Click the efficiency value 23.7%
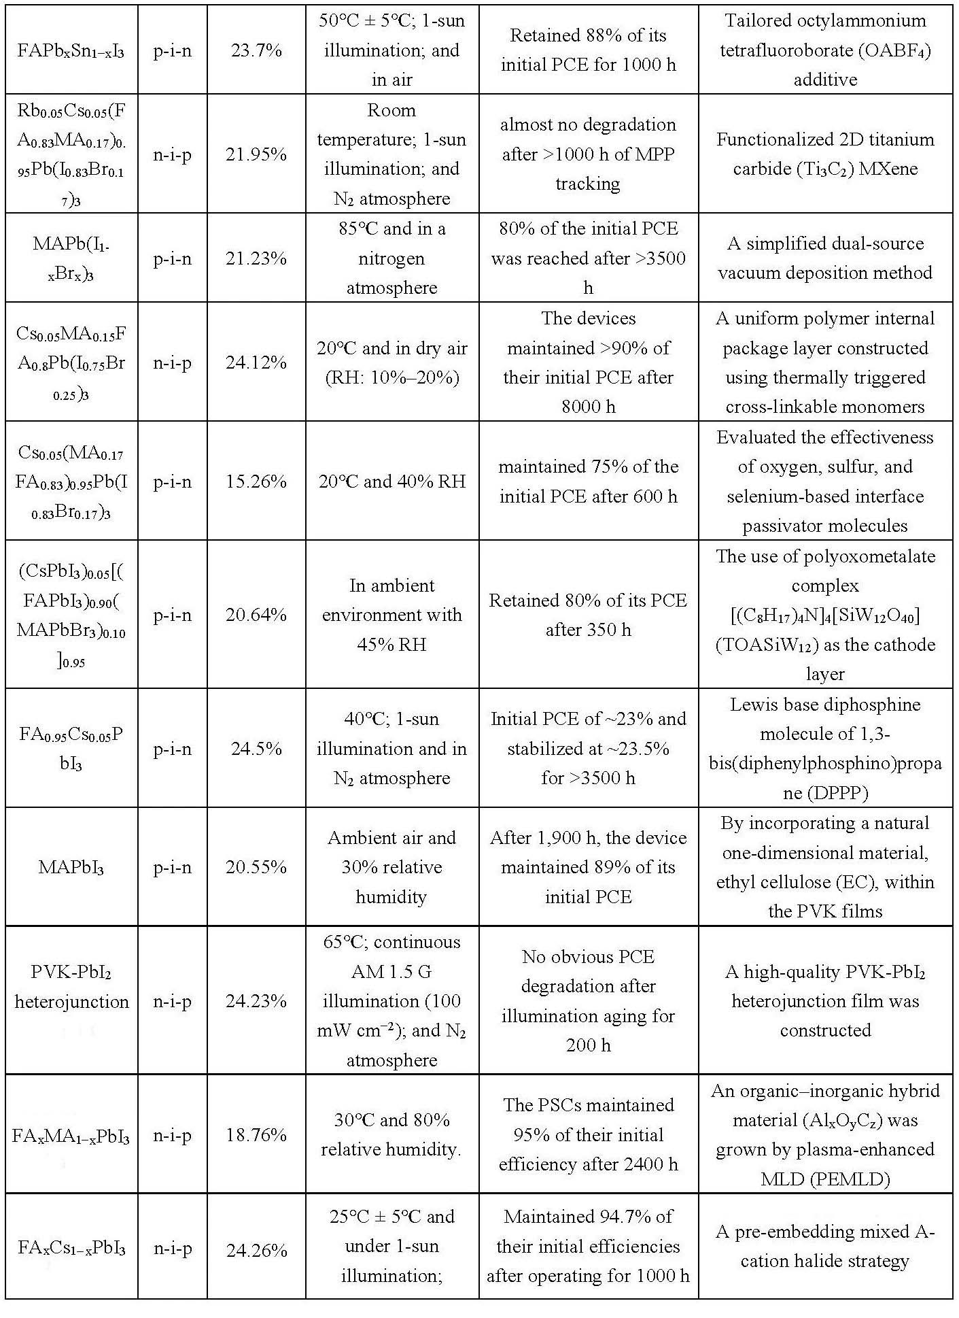point(256,50)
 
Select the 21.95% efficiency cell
point(256,154)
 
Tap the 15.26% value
point(256,481)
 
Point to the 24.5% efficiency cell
point(256,749)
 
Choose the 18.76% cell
point(256,1135)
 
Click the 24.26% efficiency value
point(256,1249)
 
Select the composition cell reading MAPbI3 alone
point(71,868)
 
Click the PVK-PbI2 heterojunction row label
point(71,987)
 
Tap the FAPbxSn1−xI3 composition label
point(71,51)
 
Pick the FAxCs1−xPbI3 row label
point(71,1249)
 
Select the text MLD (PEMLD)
point(825,1179)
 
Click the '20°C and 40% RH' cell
point(391,481)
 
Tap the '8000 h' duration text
point(588,407)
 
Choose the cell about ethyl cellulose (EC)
point(825,867)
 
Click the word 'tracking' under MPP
point(588,184)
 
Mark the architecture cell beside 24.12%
point(172,362)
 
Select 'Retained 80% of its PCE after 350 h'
point(588,615)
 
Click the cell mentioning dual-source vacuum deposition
point(825,258)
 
